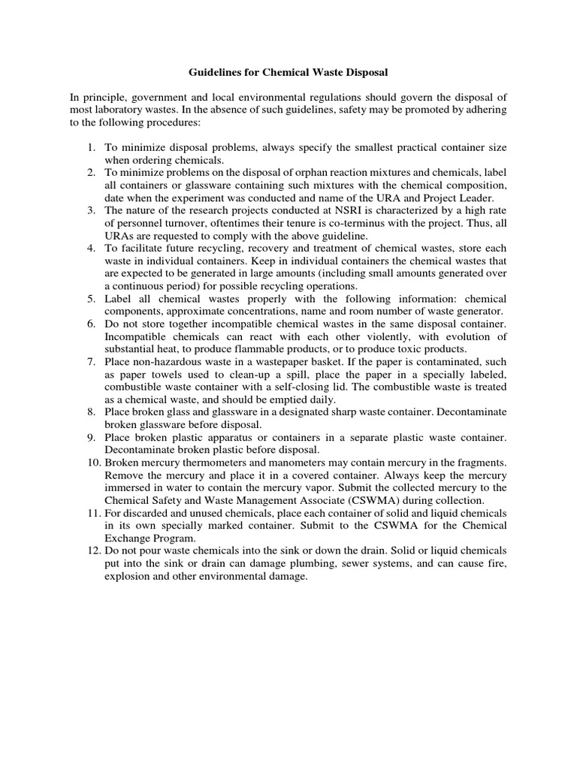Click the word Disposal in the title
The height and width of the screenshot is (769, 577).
click(366, 73)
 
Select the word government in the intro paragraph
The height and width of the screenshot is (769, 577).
click(156, 97)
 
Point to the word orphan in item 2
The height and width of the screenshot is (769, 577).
click(333, 172)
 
